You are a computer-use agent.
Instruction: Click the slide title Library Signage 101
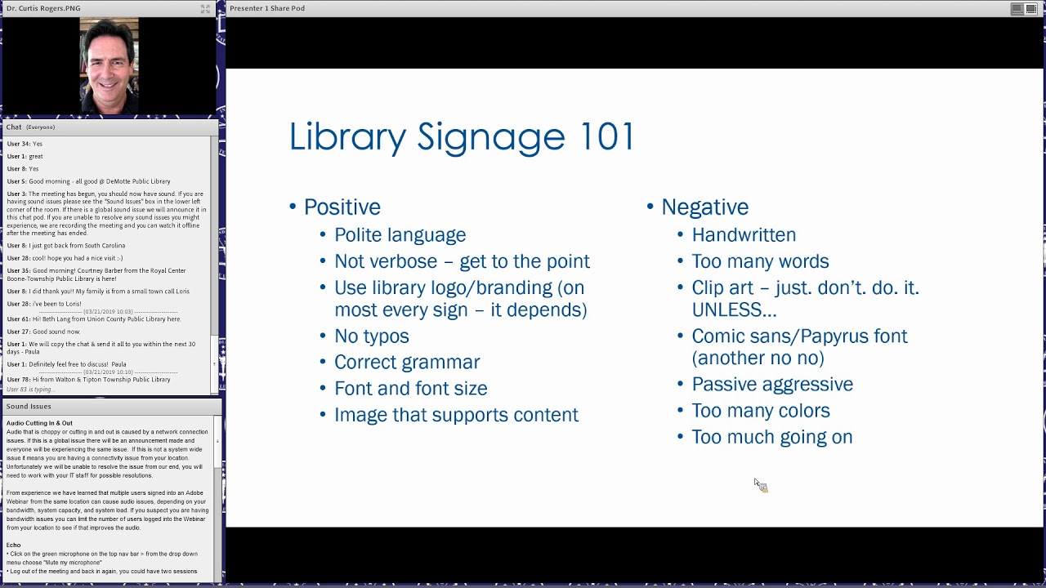[x=462, y=136]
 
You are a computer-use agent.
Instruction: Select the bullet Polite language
[x=400, y=235]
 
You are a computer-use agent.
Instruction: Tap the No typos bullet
[x=371, y=336]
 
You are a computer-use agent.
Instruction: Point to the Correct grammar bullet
[x=406, y=363]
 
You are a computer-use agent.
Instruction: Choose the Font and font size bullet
[x=410, y=389]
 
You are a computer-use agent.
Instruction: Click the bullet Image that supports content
[x=456, y=415]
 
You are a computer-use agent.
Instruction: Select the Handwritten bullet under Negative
[x=743, y=235]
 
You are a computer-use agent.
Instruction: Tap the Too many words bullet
[x=760, y=261]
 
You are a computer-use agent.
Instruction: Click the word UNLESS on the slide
[x=733, y=310]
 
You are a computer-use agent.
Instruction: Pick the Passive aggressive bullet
[x=771, y=385]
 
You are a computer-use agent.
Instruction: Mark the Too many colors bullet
[x=760, y=411]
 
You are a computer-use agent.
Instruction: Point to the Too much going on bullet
[x=771, y=437]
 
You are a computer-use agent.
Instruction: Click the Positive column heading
[x=342, y=207]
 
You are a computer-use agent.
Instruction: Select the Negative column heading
[x=704, y=207]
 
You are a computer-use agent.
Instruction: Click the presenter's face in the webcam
[x=110, y=63]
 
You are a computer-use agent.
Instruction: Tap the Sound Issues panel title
[x=29, y=406]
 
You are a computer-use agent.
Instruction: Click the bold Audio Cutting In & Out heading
[x=39, y=423]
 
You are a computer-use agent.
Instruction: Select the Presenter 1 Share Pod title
[x=267, y=8]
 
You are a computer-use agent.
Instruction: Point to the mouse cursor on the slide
[x=758, y=484]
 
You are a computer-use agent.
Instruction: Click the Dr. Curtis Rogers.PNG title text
[x=43, y=8]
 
